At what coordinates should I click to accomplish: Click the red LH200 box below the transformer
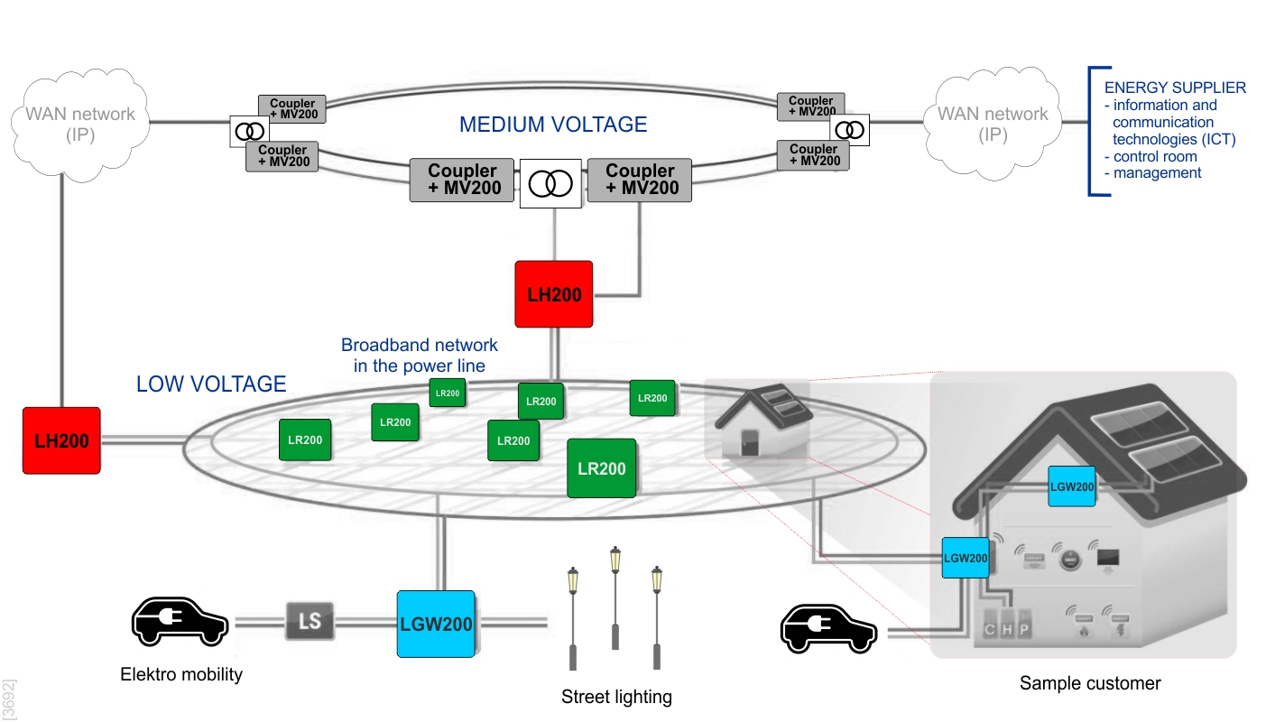click(x=553, y=294)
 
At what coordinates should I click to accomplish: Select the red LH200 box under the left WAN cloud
click(x=61, y=440)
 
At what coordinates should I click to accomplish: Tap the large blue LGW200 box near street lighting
click(x=436, y=624)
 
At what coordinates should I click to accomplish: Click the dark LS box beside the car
click(x=310, y=622)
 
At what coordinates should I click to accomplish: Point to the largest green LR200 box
click(x=601, y=468)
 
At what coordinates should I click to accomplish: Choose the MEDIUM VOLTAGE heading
click(x=553, y=125)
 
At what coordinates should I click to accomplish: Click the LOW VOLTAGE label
click(x=211, y=384)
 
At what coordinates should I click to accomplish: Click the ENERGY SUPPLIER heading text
click(x=1175, y=88)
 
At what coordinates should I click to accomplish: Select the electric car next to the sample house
click(x=828, y=628)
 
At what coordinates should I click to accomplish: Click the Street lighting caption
click(x=616, y=697)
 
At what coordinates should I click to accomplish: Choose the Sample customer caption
click(x=1090, y=683)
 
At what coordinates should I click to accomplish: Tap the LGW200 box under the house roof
click(x=1072, y=486)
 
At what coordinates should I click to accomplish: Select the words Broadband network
click(x=420, y=346)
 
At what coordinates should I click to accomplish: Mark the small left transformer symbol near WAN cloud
click(x=249, y=132)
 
